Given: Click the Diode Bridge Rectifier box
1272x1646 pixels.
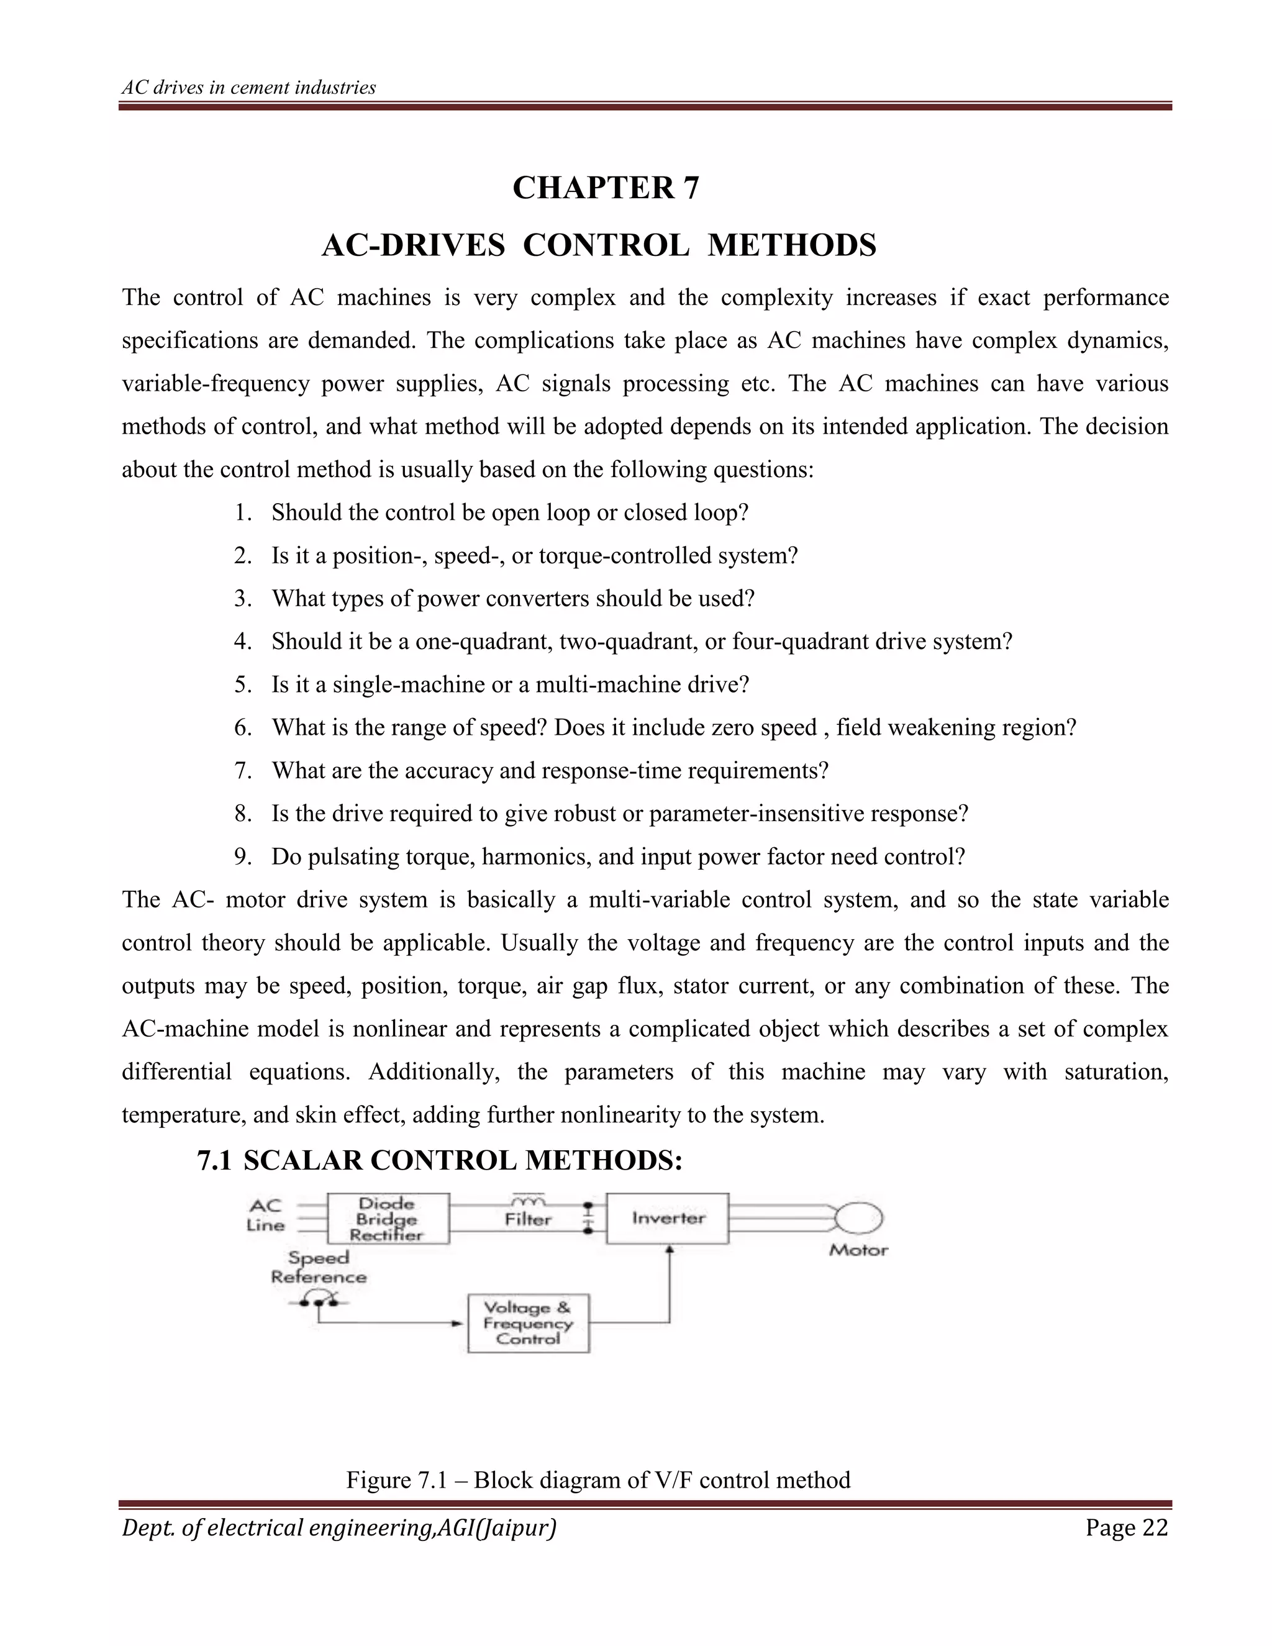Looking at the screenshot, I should [388, 1219].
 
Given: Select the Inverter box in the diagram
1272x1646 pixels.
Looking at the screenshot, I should [668, 1219].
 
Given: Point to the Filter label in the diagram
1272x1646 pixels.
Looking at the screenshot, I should [529, 1219].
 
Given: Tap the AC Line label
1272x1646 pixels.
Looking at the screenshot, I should [266, 1216].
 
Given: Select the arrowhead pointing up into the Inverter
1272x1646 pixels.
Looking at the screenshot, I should [669, 1250].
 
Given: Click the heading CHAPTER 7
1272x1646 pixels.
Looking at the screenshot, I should [606, 188].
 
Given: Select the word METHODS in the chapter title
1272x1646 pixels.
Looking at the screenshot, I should [792, 246].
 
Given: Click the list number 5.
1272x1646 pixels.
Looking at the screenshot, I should [241, 685].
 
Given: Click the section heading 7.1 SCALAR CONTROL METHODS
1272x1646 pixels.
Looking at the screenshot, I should [439, 1160].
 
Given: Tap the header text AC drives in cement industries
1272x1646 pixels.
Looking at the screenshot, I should [248, 88].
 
